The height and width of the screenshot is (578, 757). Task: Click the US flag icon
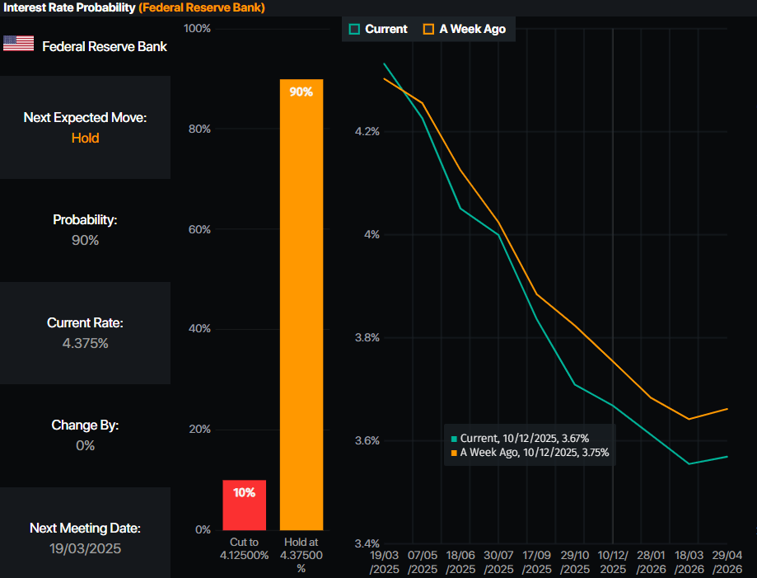(18, 44)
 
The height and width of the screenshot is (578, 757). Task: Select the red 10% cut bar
(244, 505)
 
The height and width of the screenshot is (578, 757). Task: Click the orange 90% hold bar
(301, 304)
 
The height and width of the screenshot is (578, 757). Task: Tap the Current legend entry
(378, 29)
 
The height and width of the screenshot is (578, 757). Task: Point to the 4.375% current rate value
(85, 343)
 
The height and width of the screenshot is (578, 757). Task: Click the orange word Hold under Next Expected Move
(85, 138)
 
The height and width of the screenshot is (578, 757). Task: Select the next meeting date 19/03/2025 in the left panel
(85, 548)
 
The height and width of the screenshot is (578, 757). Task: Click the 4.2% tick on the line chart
(366, 132)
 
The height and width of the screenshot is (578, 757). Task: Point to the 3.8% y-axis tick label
(366, 338)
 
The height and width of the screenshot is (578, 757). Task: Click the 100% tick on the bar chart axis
(196, 29)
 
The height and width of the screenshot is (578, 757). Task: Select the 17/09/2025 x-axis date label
(536, 564)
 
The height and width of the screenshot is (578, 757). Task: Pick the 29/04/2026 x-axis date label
(728, 564)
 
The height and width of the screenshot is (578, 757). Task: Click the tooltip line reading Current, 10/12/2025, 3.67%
(524, 438)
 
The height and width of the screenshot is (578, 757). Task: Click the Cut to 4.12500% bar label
(244, 548)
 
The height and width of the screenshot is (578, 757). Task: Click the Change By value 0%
(85, 445)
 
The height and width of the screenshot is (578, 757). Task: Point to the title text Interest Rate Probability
(68, 7)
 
